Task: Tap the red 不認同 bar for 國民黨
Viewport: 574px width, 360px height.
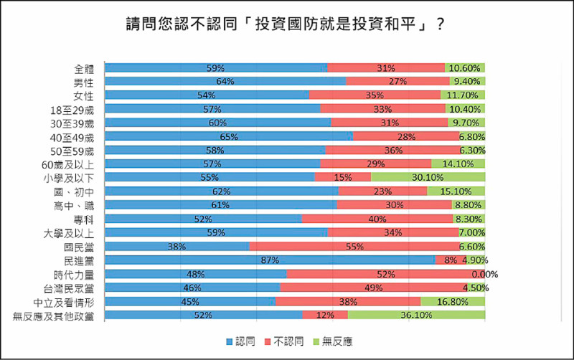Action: click(x=355, y=246)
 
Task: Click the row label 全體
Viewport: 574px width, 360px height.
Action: click(x=84, y=69)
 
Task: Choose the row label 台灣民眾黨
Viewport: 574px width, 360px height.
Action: click(x=73, y=288)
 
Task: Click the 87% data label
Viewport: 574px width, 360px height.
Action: click(x=270, y=260)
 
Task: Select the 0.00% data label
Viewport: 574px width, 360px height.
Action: click(x=484, y=274)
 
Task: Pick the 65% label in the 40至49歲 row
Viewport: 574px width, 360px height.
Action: click(x=229, y=136)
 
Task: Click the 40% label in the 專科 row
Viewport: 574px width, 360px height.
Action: click(x=377, y=219)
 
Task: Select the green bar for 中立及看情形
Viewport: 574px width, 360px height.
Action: click(x=452, y=301)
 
